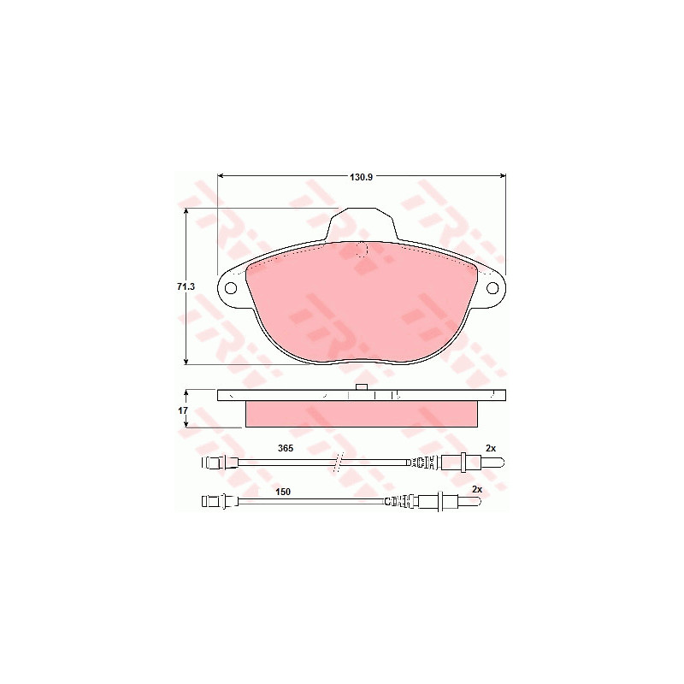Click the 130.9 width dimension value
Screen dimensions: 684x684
[361, 177]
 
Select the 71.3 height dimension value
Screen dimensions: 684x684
[186, 286]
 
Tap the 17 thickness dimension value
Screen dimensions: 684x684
[183, 410]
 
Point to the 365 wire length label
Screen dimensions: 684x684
[286, 448]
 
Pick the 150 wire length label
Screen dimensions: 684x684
[283, 492]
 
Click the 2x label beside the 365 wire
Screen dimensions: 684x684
[491, 448]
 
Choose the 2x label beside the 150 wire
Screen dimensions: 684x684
[477, 489]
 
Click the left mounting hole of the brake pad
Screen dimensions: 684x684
[230, 288]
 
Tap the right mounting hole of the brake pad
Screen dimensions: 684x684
[492, 288]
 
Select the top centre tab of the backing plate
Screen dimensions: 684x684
[361, 224]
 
